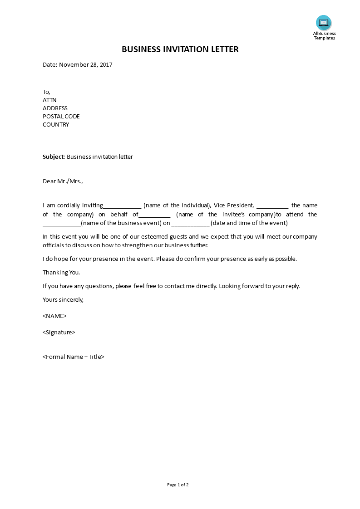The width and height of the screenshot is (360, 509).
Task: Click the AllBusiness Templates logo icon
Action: click(324, 23)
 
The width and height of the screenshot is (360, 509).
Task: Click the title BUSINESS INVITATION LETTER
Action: click(180, 49)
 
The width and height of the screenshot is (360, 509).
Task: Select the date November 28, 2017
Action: click(85, 64)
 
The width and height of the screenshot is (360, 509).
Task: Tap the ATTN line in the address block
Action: click(49, 100)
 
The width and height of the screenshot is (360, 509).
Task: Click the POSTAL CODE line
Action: click(61, 116)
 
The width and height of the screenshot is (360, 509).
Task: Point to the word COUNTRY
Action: click(56, 124)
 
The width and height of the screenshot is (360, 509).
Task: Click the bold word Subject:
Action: click(54, 157)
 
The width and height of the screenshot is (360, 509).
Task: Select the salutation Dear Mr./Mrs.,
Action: click(63, 181)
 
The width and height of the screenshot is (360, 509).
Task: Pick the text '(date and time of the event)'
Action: click(249, 223)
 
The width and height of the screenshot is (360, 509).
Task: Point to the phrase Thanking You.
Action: click(61, 272)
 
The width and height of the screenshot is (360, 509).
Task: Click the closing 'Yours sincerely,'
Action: click(63, 299)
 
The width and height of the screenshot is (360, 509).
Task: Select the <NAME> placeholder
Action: click(54, 316)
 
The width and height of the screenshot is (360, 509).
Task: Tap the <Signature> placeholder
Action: click(59, 332)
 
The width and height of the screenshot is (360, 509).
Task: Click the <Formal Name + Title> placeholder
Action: click(74, 357)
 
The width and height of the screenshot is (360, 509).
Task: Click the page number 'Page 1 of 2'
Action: click(178, 485)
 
